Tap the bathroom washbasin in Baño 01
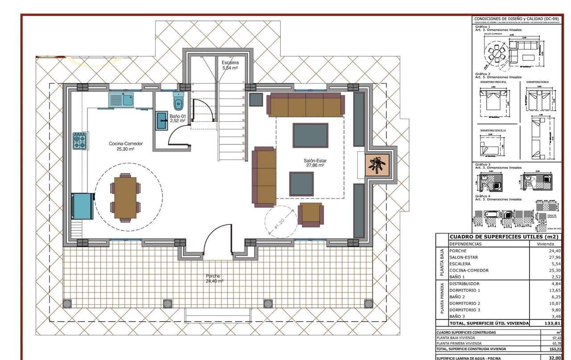(161, 121)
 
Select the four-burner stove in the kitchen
(80, 141)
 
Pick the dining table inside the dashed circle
(125, 198)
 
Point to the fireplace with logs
(377, 166)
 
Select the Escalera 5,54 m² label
(230, 65)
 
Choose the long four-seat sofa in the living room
(306, 105)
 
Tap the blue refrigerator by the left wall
(83, 206)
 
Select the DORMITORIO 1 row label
(465, 290)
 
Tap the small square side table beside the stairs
(256, 99)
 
